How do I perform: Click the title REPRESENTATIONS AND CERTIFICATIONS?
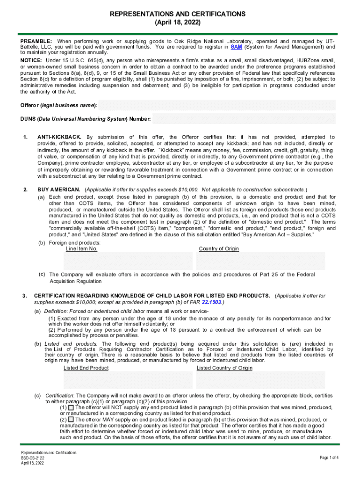[180, 14]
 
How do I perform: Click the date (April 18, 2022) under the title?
[180, 22]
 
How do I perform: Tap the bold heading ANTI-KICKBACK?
[59, 137]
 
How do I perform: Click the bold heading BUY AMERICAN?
[58, 189]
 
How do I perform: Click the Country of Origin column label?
[219, 249]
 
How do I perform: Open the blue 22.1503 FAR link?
[212, 302]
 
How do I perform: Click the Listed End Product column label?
[86, 368]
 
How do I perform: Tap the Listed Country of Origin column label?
[224, 368]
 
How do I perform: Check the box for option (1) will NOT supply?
[71, 408]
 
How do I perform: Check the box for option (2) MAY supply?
[71, 420]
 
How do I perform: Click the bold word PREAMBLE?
[36, 41]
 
